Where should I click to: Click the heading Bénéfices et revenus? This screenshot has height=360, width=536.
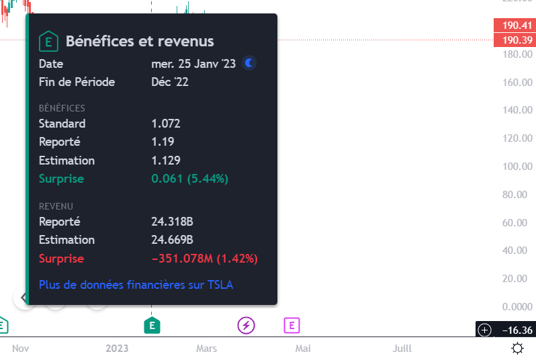tap(140, 41)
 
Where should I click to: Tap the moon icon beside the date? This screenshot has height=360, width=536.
tap(249, 63)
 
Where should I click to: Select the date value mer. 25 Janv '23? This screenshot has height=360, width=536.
tap(193, 64)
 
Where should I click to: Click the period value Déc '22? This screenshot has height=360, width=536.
tap(170, 82)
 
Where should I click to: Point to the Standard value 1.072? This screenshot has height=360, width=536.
tap(166, 124)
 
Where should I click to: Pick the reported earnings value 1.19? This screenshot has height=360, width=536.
tap(163, 142)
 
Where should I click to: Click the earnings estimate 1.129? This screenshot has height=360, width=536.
tap(166, 161)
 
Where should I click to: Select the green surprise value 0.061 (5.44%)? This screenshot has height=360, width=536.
tap(189, 179)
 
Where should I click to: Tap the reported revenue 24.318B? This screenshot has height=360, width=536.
tap(173, 221)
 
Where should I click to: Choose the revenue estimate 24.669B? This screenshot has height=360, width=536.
tap(173, 240)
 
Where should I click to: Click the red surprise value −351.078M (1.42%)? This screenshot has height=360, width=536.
tap(205, 259)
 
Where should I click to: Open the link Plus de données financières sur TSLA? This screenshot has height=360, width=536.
tap(136, 285)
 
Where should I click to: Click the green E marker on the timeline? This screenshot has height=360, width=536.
tap(152, 326)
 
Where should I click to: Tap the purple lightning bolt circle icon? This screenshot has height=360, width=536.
tap(247, 326)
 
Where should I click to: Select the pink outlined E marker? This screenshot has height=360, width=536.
tap(291, 326)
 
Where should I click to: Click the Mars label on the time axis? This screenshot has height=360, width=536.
tap(206, 348)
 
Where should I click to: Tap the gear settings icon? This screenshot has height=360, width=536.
tap(517, 348)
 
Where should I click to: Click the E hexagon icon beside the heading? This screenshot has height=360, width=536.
tap(48, 41)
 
